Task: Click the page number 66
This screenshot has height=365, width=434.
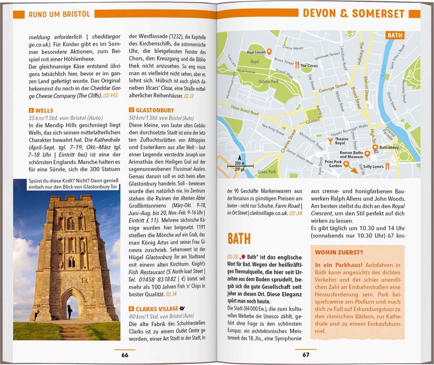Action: point(125,355)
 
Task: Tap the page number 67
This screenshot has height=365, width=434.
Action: point(306,355)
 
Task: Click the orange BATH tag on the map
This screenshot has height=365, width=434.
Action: point(395,35)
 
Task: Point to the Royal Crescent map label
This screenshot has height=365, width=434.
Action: point(256,52)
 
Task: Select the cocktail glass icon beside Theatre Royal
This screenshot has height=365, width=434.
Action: point(330,141)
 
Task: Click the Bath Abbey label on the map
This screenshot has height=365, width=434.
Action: point(389,148)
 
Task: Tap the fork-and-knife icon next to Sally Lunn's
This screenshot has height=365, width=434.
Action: point(387,166)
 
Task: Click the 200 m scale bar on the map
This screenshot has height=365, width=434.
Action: point(240,166)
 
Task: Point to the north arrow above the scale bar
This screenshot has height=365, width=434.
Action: point(240,158)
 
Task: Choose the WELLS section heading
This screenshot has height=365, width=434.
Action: point(44,110)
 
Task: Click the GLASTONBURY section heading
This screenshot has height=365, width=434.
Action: point(155,110)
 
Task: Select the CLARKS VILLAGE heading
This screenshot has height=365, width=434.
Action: point(157,309)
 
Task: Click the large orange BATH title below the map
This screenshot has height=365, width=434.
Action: point(239,239)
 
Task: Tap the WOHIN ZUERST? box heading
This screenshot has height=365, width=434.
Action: point(339,252)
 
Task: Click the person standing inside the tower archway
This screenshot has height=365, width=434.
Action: point(70,311)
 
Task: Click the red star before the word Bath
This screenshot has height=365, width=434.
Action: point(243,257)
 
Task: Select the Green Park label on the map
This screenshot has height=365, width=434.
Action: point(267,172)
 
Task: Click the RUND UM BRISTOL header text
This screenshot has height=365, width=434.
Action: point(59,14)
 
